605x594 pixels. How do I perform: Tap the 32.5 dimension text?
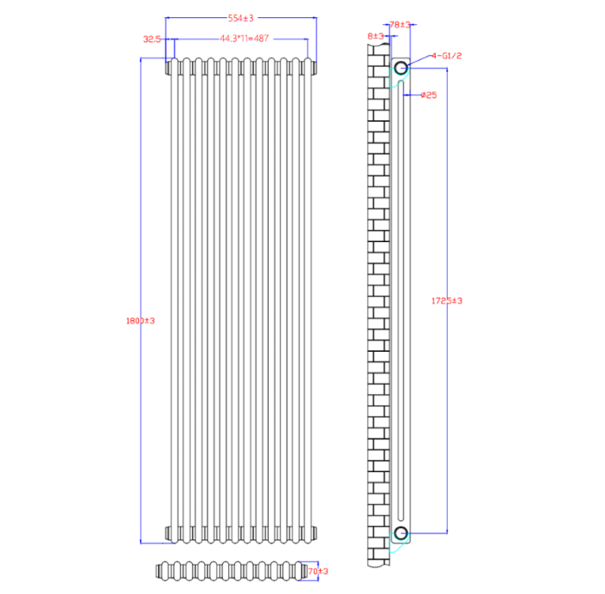click(152, 39)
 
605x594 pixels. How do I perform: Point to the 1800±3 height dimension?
click(141, 321)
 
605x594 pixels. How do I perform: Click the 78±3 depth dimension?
click(400, 25)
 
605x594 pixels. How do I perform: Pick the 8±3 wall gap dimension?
click(375, 35)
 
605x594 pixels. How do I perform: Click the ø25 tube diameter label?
click(429, 95)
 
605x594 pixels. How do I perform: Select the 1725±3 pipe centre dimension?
click(447, 301)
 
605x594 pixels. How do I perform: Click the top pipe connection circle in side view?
click(400, 67)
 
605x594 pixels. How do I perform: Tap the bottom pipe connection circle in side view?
click(400, 531)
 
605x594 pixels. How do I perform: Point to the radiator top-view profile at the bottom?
click(229, 571)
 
